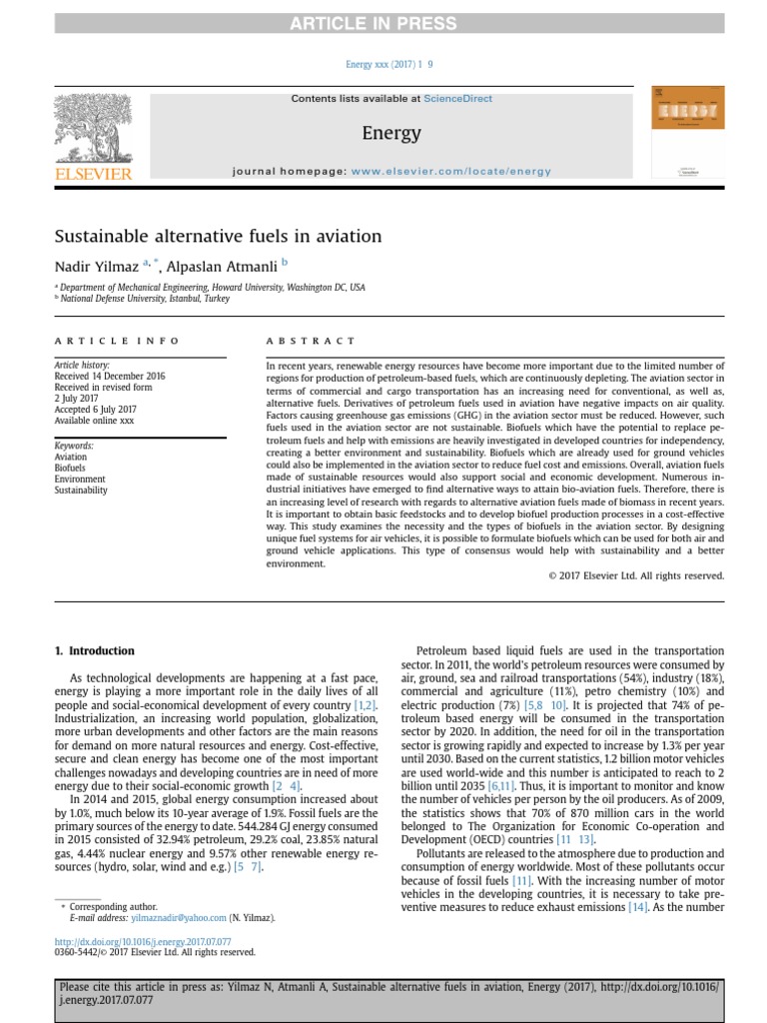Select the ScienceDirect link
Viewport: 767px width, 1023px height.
[457, 99]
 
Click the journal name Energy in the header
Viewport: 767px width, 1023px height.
[391, 133]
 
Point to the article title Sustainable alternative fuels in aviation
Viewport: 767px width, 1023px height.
[218, 237]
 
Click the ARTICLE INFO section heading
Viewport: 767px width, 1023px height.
[117, 341]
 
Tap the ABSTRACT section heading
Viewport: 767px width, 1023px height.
[310, 341]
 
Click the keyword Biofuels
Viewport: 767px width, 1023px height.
[70, 468]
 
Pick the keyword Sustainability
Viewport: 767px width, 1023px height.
[80, 491]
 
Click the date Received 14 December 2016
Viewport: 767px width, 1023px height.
[110, 376]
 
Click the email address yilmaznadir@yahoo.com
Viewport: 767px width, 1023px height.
[178, 917]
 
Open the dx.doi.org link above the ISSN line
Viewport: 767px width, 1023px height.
[143, 941]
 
